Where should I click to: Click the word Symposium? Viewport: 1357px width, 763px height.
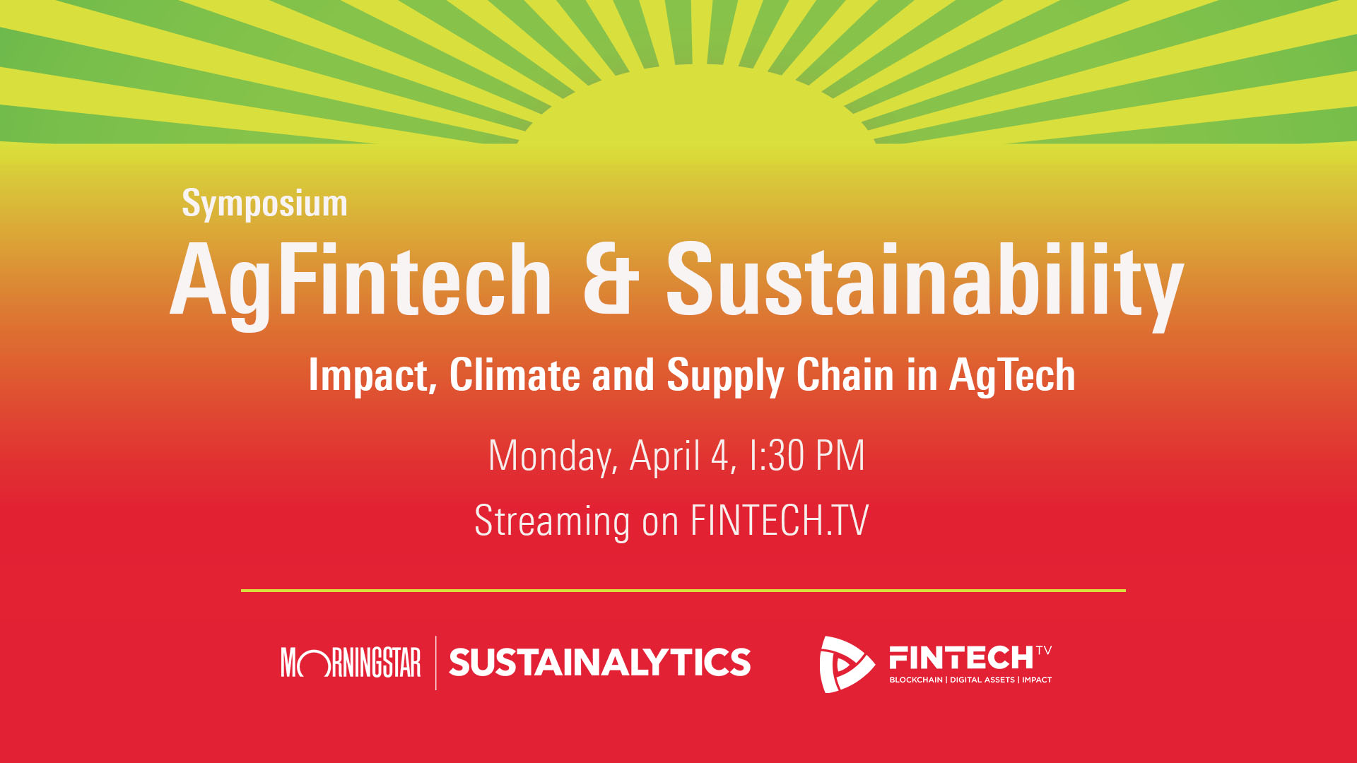[x=264, y=203]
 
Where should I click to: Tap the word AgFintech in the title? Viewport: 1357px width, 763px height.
[x=360, y=280]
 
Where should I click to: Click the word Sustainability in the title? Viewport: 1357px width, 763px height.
[x=924, y=280]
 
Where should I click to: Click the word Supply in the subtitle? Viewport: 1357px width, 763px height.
[x=725, y=376]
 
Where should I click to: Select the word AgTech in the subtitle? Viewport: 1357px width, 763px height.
[x=1011, y=376]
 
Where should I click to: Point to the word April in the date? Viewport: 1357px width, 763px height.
[x=664, y=456]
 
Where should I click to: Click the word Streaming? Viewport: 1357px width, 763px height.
[x=552, y=521]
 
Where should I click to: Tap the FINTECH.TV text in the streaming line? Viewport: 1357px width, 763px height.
[x=779, y=521]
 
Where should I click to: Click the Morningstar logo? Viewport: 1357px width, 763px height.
[x=351, y=663]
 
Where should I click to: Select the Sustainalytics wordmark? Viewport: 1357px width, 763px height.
[x=599, y=663]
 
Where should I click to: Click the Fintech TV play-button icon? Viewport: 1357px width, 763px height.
[x=845, y=664]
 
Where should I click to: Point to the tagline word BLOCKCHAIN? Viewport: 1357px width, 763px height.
[x=915, y=680]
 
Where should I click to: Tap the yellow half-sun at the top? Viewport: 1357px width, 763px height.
[x=696, y=106]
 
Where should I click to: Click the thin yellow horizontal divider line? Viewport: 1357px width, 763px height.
[x=683, y=590]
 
